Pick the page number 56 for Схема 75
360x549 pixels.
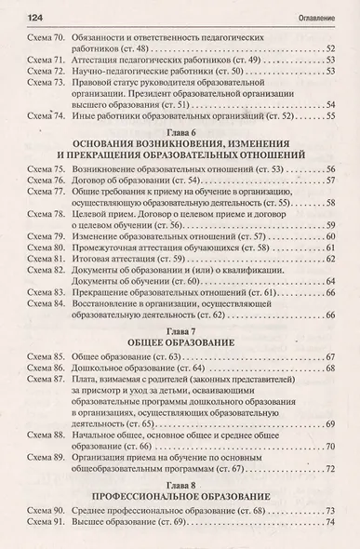[328, 171]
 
